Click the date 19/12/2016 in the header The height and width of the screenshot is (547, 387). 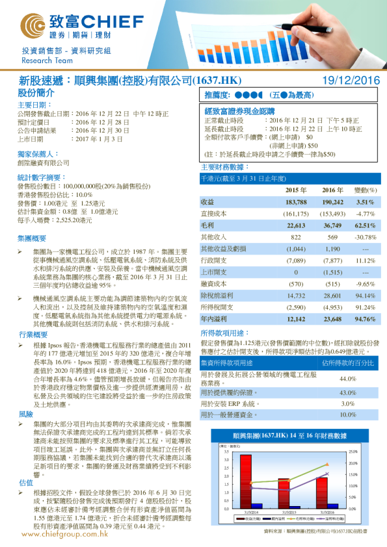click(x=351, y=81)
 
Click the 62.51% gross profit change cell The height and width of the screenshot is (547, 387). click(x=365, y=225)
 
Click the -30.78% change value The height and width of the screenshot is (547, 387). click(x=366, y=236)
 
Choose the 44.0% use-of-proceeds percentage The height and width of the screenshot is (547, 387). click(x=348, y=378)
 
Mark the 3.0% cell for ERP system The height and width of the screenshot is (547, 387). click(x=348, y=403)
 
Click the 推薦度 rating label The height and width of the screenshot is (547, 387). click(x=219, y=94)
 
